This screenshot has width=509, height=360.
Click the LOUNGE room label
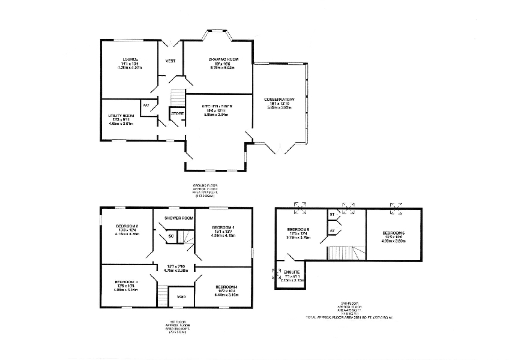(130, 59)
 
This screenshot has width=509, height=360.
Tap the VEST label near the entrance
(170, 61)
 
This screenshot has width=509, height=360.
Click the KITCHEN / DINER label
(218, 106)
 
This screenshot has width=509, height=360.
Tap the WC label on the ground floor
(146, 106)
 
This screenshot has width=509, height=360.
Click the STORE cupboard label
(177, 113)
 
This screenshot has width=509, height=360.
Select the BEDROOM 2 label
(127, 226)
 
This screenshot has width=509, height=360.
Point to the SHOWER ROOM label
(179, 218)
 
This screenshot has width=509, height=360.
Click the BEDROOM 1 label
(223, 227)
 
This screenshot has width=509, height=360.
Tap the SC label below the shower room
(170, 235)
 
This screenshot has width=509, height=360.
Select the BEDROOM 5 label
(298, 230)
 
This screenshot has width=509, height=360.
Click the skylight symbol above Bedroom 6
(396, 208)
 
